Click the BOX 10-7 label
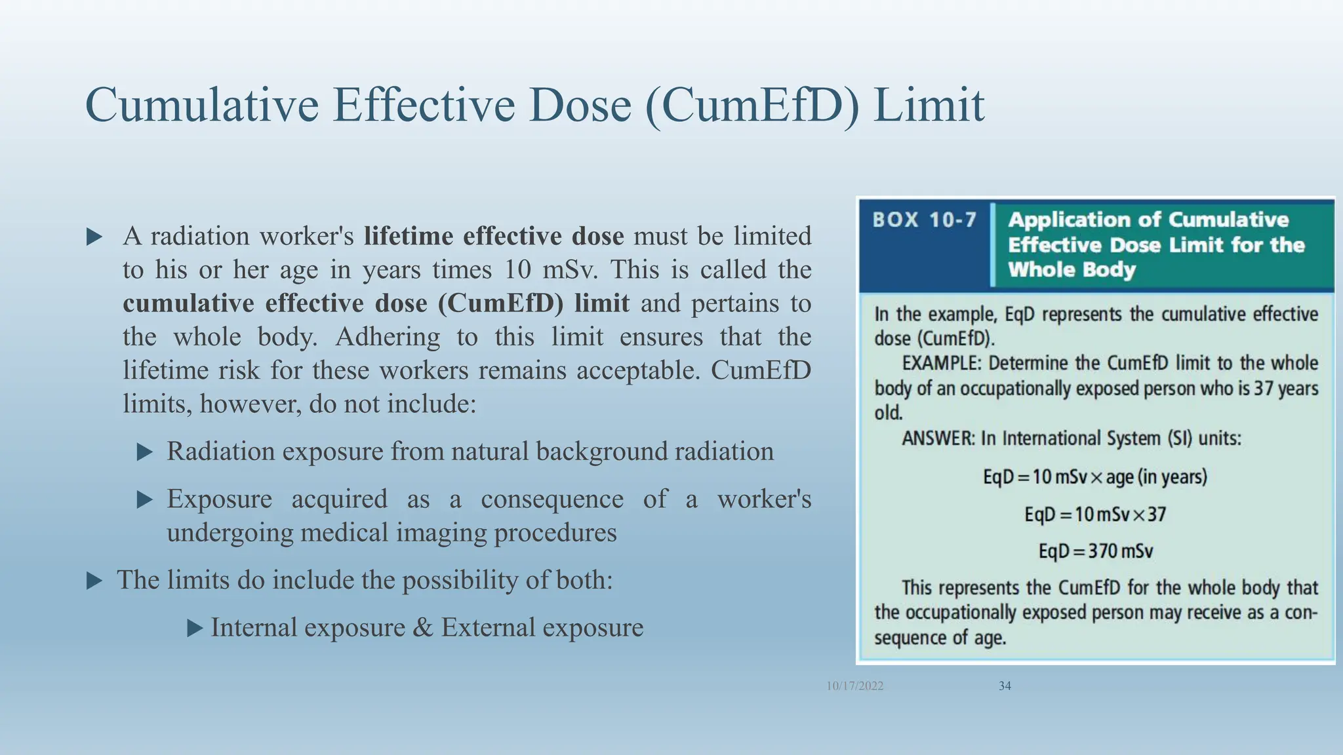(x=925, y=220)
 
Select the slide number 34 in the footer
(x=1005, y=686)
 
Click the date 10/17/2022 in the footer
(x=854, y=686)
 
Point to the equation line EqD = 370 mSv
(x=1095, y=551)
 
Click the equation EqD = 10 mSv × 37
(x=1095, y=514)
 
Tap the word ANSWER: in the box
(x=938, y=438)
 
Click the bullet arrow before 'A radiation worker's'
(x=94, y=237)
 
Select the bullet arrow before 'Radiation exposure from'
(x=144, y=452)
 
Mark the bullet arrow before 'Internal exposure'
(x=195, y=629)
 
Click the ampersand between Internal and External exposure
(x=423, y=628)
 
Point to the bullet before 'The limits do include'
(x=94, y=581)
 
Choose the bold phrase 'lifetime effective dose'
(x=494, y=236)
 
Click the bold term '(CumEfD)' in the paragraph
(x=500, y=303)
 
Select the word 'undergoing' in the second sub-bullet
(x=230, y=533)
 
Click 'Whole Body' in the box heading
(x=1072, y=269)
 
